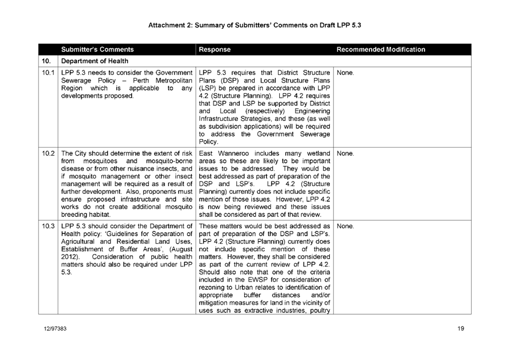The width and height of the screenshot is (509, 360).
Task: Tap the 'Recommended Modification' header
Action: [x=381, y=49]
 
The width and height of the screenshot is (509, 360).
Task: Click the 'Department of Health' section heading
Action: [x=95, y=60]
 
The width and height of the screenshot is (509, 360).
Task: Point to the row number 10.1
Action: [x=47, y=72]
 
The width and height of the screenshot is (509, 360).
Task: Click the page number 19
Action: [x=461, y=330]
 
